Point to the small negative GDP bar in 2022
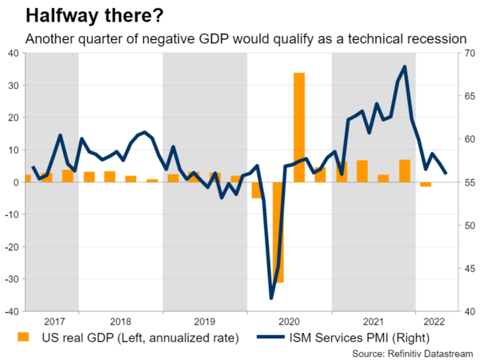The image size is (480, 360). (426, 185)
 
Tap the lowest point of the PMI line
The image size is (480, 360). (271, 298)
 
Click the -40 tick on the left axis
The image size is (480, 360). (11, 311)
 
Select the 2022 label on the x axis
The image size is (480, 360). (436, 319)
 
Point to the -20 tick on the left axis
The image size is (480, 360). (11, 247)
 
